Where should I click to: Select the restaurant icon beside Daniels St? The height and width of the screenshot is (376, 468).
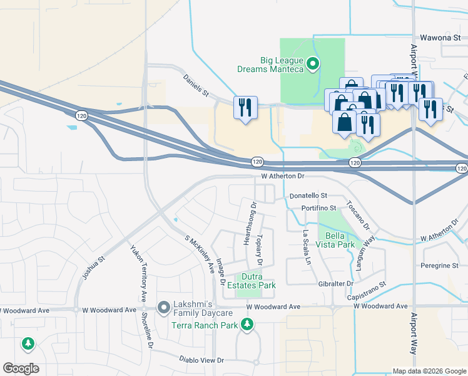245,107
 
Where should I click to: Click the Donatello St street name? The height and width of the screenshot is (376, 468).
309,196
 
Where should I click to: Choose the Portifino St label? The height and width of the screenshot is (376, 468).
318,208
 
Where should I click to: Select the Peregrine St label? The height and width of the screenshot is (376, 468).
440,266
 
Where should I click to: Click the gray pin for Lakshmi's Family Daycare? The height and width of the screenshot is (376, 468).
164,307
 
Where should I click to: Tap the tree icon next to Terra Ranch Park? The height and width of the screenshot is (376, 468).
248,324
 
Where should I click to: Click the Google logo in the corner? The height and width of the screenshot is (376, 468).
21,368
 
